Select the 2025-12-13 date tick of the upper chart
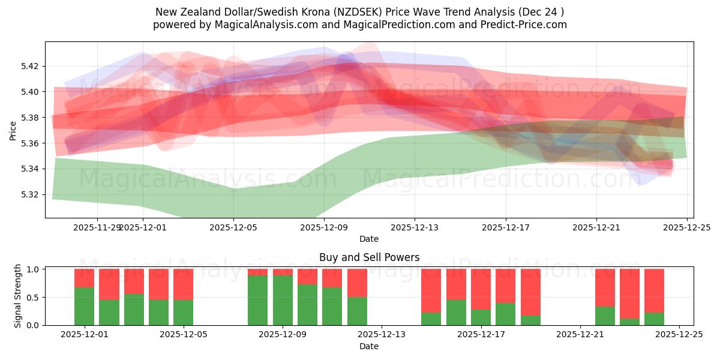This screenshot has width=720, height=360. click(415, 228)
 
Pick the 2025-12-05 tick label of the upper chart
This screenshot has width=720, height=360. click(233, 228)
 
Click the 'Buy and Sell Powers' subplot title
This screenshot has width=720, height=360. click(369, 257)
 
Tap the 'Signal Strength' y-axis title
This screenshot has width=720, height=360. click(18, 296)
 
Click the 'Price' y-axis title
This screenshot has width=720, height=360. click(13, 130)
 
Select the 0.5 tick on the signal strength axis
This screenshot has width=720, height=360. click(34, 298)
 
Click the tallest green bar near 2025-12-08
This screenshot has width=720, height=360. click(258, 300)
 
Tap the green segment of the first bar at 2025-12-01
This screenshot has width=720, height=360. click(85, 307)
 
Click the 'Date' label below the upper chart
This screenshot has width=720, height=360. click(369, 239)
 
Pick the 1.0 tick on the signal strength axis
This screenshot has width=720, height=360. click(34, 269)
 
